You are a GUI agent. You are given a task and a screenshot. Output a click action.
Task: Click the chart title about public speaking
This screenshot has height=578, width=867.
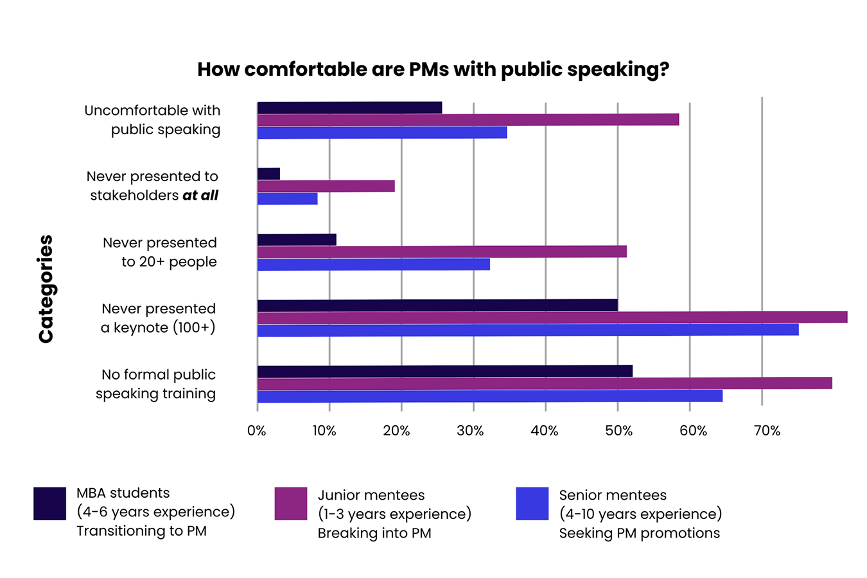point(433,69)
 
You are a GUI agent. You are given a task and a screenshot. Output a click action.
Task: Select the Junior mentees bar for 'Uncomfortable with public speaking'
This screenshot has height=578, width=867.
point(468,119)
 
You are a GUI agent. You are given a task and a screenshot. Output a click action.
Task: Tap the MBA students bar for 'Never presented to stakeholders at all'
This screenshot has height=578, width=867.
point(268,173)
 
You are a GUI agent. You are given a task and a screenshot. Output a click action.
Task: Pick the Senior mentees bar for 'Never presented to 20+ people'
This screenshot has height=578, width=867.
point(374,264)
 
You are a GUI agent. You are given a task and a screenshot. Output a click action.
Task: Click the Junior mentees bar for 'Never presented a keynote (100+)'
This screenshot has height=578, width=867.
point(552,317)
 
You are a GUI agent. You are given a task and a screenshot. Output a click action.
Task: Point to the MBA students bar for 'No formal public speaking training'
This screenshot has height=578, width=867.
point(444,371)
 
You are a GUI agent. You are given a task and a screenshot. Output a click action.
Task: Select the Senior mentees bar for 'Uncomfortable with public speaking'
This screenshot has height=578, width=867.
point(382,132)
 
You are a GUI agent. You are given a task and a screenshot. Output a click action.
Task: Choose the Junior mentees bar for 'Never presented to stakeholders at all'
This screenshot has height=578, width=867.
point(326,186)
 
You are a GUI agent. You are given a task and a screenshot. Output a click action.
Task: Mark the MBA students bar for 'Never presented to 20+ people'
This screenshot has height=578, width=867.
point(297,240)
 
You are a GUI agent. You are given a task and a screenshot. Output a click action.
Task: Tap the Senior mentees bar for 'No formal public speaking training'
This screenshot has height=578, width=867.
point(489,396)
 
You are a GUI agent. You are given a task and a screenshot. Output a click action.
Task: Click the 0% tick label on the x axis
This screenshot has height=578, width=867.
point(257,431)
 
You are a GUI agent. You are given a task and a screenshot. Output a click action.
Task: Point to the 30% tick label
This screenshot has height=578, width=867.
point(470,431)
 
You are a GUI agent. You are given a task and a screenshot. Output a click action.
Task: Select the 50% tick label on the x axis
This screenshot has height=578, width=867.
point(618,431)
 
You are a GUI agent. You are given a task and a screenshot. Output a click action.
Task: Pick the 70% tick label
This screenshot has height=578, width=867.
point(767,431)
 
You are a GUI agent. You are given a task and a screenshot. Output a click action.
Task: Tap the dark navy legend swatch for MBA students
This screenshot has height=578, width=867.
point(49,504)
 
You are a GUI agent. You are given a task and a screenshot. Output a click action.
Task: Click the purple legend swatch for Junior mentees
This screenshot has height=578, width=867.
point(290,504)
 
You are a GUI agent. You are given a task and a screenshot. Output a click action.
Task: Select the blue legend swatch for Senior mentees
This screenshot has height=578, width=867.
point(532,504)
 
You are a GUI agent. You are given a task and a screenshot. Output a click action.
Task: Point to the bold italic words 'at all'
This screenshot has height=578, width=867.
point(200,195)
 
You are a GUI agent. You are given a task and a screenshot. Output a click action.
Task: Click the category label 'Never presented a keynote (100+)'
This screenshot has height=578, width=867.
point(158,318)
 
